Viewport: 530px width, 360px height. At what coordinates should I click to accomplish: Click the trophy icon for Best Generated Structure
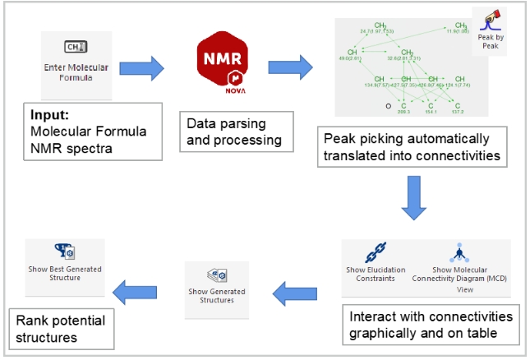[x=64, y=252]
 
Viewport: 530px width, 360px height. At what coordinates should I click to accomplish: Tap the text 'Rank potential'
[x=59, y=321]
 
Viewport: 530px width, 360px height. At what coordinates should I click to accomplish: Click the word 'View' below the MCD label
[x=464, y=288]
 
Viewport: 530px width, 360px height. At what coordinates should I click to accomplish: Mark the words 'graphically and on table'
[x=422, y=333]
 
